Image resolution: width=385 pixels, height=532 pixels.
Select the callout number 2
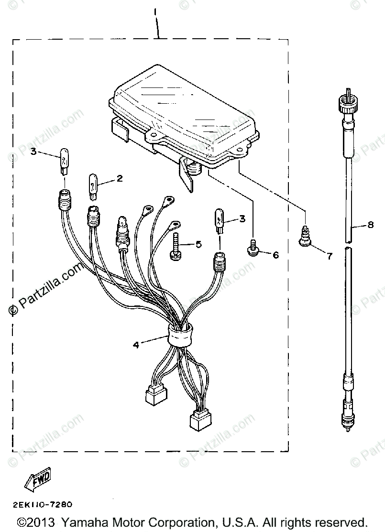pyautogui.click(x=119, y=179)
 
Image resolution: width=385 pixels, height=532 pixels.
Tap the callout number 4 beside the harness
pyautogui.click(x=136, y=344)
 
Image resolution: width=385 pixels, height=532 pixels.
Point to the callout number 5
pyautogui.click(x=198, y=244)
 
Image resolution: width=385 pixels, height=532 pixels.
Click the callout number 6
pyautogui.click(x=275, y=255)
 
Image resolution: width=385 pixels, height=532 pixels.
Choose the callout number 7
pyautogui.click(x=329, y=256)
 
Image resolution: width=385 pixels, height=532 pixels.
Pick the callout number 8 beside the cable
pyautogui.click(x=371, y=227)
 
